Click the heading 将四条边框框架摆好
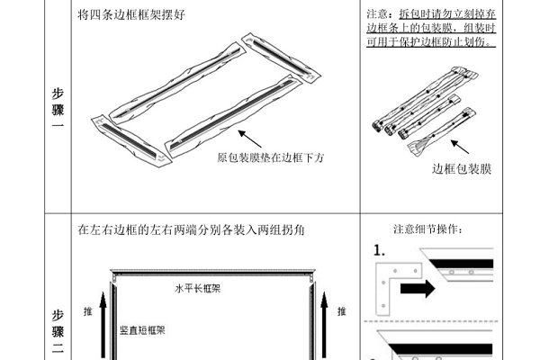130,16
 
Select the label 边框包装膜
462,168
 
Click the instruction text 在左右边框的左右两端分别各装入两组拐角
192,230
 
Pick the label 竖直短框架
142,330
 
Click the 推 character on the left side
88,311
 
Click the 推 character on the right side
341,311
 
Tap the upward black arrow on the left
104,324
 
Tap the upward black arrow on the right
324,324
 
